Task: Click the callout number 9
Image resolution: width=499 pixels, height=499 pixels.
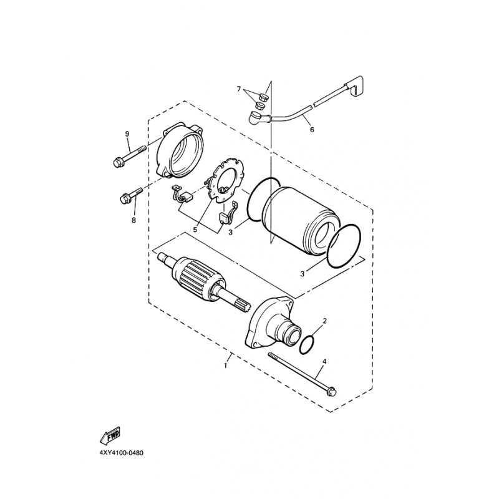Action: coord(127,134)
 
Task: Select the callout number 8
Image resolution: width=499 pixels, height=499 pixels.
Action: coord(133,220)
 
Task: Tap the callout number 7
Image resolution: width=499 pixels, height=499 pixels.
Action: coord(239,89)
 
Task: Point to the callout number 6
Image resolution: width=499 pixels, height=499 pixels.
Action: coord(312,130)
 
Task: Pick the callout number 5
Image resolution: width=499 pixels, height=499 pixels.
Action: coord(195,230)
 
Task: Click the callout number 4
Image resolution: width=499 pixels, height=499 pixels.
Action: coord(324,362)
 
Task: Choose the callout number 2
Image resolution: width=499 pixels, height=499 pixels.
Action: coord(324,321)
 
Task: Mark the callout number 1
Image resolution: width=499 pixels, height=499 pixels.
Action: coord(226,366)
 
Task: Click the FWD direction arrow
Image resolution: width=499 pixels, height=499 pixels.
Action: coord(110,435)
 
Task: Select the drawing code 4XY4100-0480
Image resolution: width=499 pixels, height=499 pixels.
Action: coord(121,453)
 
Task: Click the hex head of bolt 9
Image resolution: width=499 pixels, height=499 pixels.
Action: coord(118,163)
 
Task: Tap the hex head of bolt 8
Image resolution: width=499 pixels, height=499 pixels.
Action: coord(124,199)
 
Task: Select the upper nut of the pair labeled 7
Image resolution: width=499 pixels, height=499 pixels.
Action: coord(263,96)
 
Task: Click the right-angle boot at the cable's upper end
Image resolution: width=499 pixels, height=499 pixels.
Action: coord(353,85)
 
